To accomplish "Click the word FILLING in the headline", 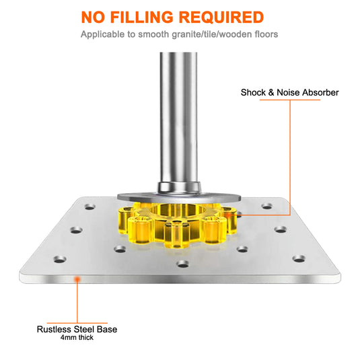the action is click(x=142, y=17).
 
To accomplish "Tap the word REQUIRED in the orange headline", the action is click(x=221, y=17).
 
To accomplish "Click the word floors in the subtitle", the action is click(x=266, y=34).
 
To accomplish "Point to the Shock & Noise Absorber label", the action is click(x=290, y=93).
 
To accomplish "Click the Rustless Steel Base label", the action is click(x=77, y=329).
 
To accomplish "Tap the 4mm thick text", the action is click(x=77, y=338).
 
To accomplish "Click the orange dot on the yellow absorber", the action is click(x=227, y=215).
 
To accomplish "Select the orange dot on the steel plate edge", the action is click(x=77, y=279).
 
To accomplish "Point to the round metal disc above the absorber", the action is click(x=179, y=197).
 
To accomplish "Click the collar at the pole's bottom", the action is click(x=179, y=187).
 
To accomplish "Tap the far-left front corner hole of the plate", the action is click(x=60, y=260).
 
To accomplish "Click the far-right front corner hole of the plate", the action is click(x=299, y=259).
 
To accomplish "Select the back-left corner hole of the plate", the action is click(x=90, y=207).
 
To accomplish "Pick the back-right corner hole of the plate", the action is click(x=267, y=206).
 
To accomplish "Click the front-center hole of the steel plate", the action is click(x=183, y=264).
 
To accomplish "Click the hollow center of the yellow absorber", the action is click(x=178, y=210).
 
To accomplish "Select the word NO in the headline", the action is click(x=93, y=17).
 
